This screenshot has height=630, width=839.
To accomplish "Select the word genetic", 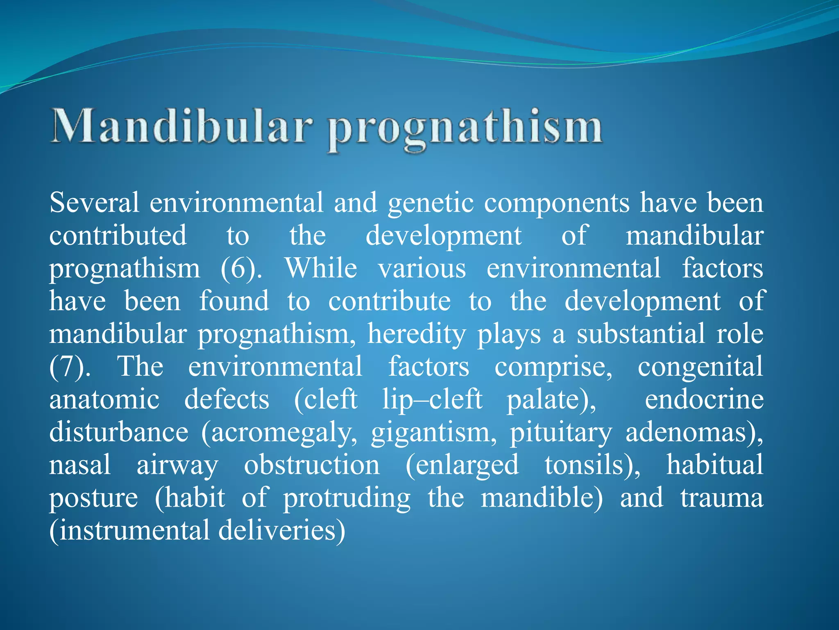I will [431, 204].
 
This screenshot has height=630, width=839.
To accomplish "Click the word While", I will [321, 269].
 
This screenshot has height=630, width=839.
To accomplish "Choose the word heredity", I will [416, 334].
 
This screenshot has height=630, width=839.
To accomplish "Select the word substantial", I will [641, 334].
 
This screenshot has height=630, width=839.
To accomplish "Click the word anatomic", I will [104, 399].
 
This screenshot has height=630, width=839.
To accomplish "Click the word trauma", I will [722, 498].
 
